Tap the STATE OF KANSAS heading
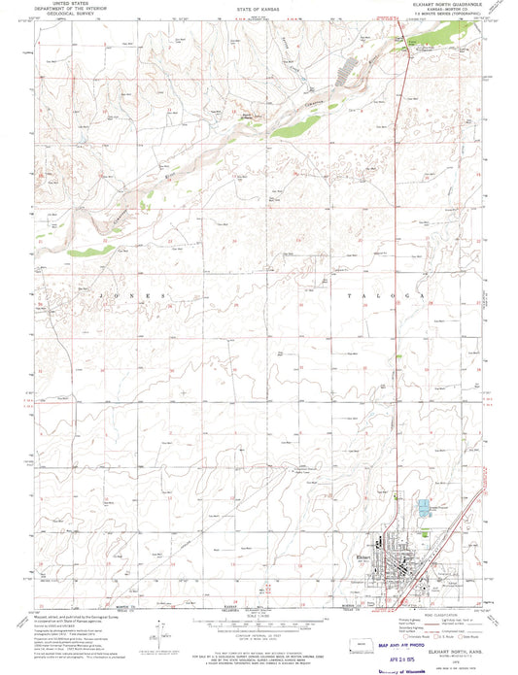256,8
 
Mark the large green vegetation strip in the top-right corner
442,40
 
